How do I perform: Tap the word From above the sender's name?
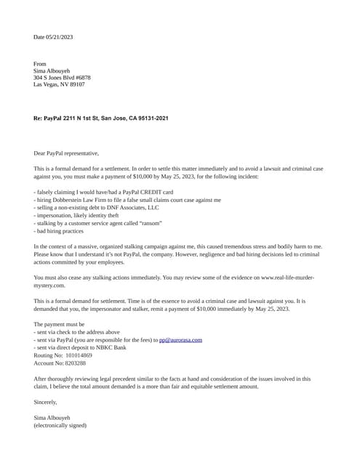[40, 64]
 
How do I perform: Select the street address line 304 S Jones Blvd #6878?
[62, 78]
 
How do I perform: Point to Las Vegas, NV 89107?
[59, 84]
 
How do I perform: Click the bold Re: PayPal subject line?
[101, 118]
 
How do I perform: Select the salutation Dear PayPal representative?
[66, 153]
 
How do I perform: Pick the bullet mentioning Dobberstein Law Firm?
[127, 199]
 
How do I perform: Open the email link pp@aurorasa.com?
[180, 339]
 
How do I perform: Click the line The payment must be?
[59, 324]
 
